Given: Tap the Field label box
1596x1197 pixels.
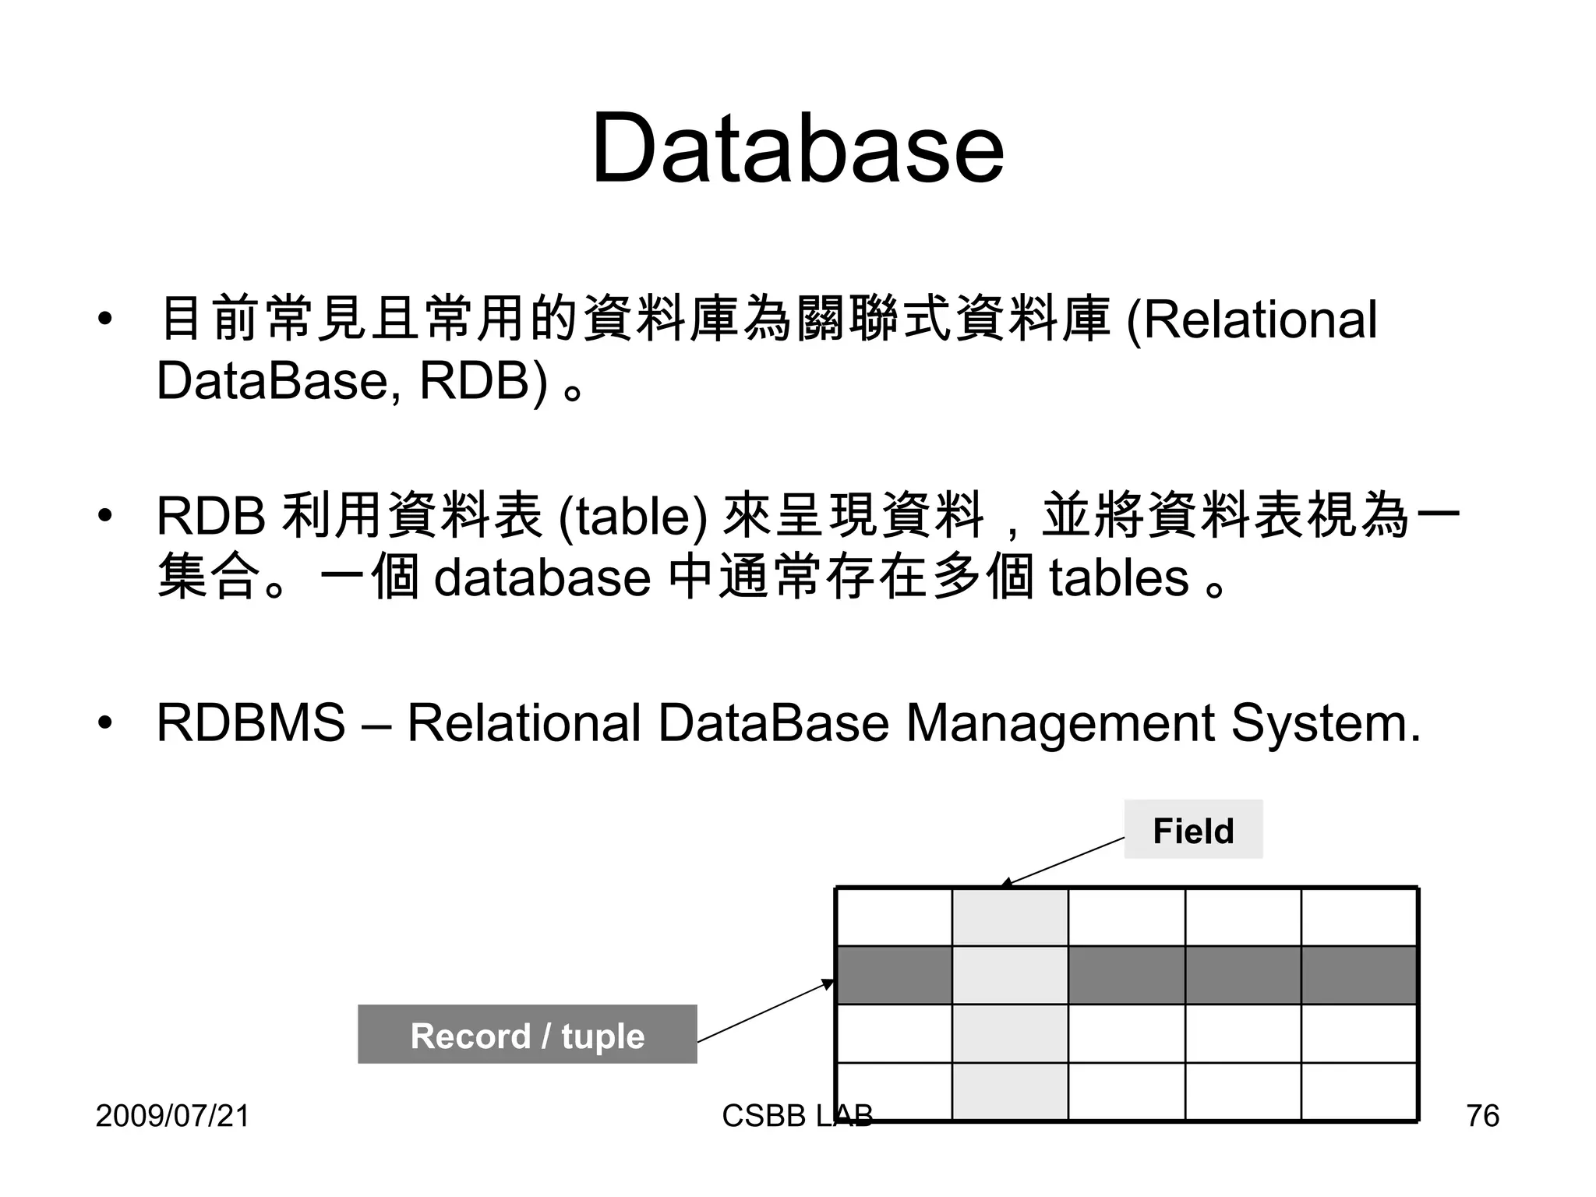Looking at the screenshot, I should (x=1192, y=830).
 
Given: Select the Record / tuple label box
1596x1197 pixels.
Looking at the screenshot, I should (x=527, y=1035).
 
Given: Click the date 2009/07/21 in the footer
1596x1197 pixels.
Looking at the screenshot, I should (x=172, y=1116).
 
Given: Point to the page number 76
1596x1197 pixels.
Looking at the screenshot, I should (x=1482, y=1116).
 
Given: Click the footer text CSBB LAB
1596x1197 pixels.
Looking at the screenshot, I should (x=796, y=1116).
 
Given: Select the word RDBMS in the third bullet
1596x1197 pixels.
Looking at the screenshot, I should (x=250, y=722).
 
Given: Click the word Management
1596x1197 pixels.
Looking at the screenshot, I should (x=1060, y=722).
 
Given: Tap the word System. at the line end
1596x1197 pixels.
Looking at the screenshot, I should (x=1326, y=722).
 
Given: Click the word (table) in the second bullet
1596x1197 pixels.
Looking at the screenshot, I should (x=633, y=516).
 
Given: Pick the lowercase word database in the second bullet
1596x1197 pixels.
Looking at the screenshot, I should (x=542, y=577).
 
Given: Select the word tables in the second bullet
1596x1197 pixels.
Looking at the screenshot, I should (x=1118, y=577).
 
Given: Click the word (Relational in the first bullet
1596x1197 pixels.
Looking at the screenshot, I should (x=1252, y=320).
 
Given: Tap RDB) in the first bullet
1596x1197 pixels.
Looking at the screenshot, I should (x=483, y=381).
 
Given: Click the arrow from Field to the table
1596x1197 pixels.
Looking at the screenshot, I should (x=1064, y=861).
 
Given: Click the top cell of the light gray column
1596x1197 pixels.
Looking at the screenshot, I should (x=1010, y=917).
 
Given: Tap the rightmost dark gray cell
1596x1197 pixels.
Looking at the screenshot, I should (x=1358, y=975).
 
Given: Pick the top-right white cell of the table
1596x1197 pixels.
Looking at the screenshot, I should (x=1358, y=917).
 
